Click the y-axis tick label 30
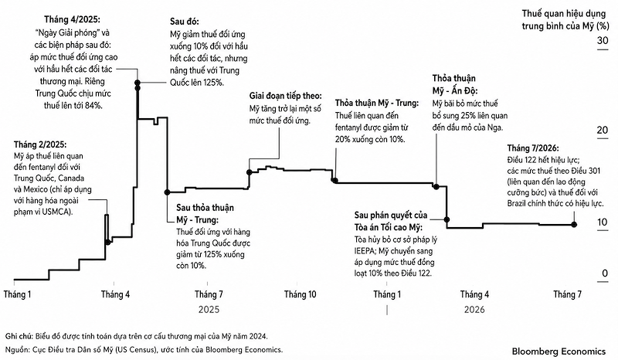[x=603, y=40]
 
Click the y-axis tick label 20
[x=603, y=130]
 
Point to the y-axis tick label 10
[x=603, y=222]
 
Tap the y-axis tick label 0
[x=605, y=273]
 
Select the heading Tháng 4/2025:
[x=72, y=19]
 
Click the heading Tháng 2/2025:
[x=40, y=144]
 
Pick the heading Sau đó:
[x=185, y=22]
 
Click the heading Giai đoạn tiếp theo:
[x=285, y=96]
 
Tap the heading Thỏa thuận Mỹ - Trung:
[x=377, y=103]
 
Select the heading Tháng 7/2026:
[x=533, y=148]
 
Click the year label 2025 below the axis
[x=209, y=309]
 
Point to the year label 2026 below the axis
[x=474, y=309]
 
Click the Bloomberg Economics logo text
[x=559, y=351]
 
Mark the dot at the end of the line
[x=574, y=224]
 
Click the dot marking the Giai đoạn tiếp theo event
[x=249, y=172]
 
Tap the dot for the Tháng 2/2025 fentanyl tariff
[x=108, y=242]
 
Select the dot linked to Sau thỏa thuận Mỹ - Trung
[x=167, y=192]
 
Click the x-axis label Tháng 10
[x=300, y=294]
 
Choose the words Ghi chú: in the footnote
[x=19, y=336]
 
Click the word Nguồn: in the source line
[x=18, y=349]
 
